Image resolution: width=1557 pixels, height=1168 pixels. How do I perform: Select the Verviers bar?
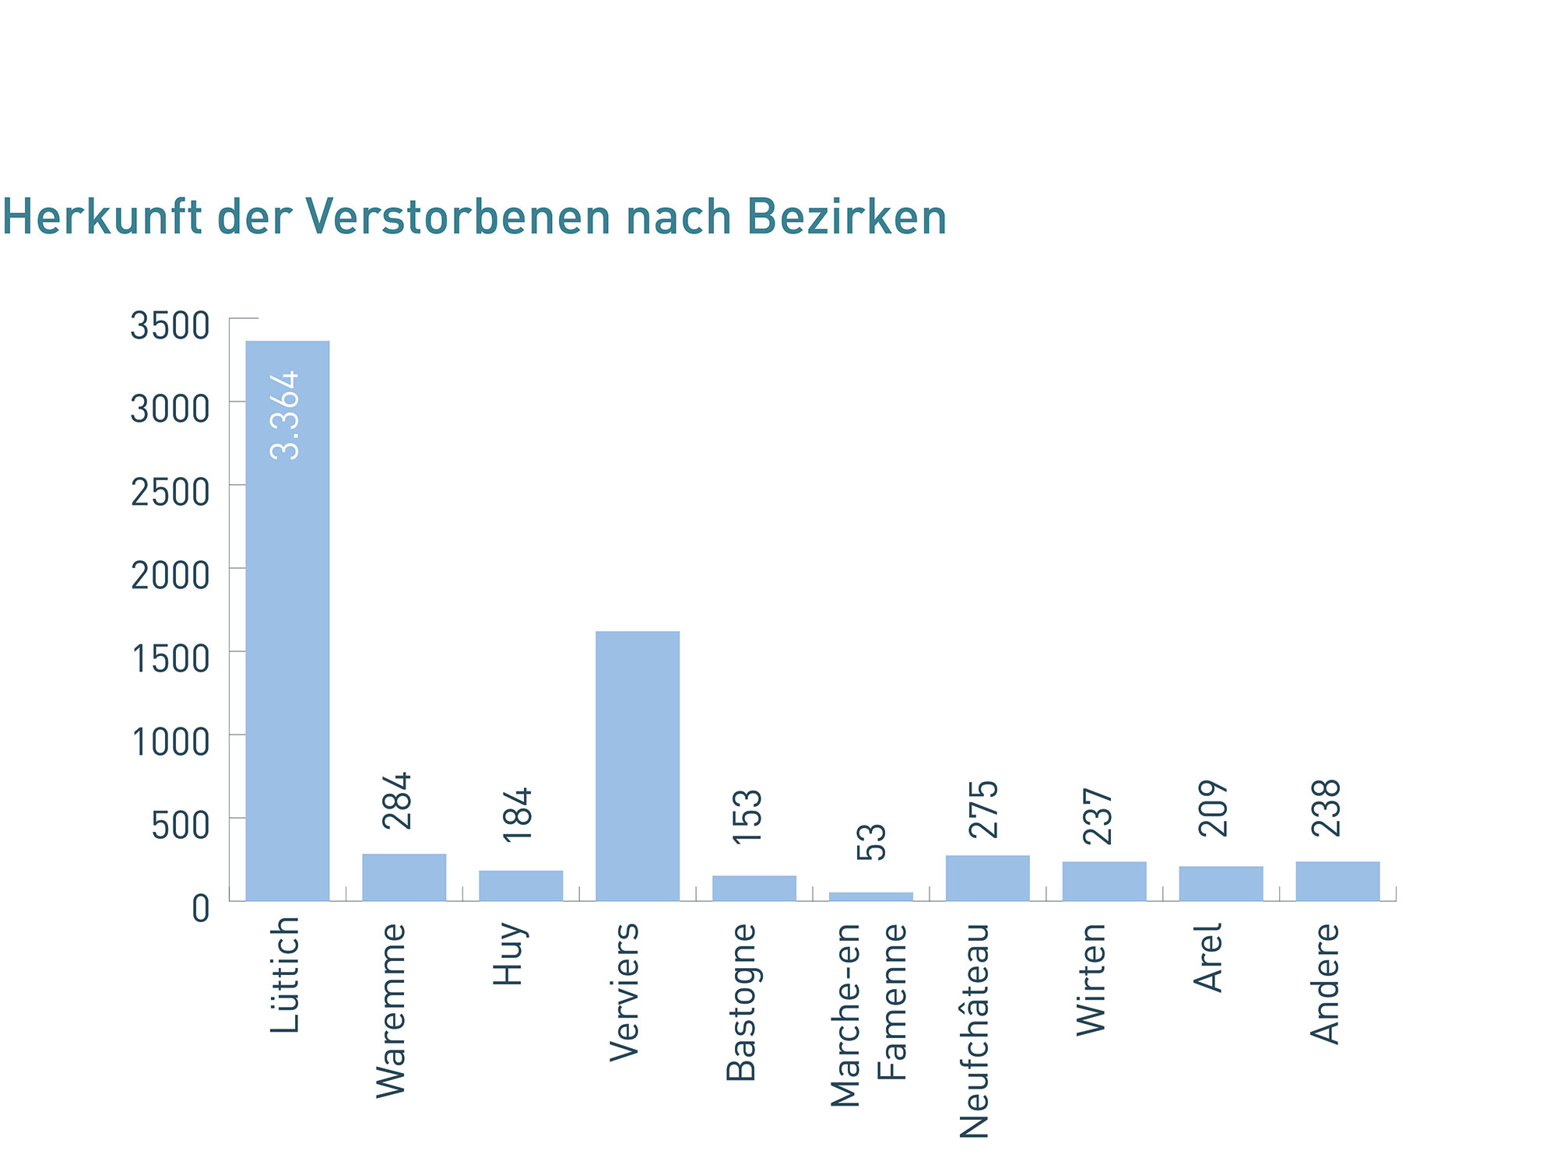pyautogui.click(x=637, y=766)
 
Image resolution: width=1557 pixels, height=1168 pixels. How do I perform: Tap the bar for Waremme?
pyautogui.click(x=404, y=877)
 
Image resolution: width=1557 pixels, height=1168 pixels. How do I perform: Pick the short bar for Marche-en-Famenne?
pyautogui.click(x=870, y=896)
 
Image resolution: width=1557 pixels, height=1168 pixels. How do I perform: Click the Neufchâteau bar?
pyautogui.click(x=987, y=878)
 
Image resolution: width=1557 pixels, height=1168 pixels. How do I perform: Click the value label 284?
pyautogui.click(x=396, y=800)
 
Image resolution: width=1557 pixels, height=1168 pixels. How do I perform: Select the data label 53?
pyautogui.click(x=871, y=841)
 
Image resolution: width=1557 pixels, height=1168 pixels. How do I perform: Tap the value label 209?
pyautogui.click(x=1213, y=808)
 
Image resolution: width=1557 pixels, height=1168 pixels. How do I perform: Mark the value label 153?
pyautogui.click(x=747, y=815)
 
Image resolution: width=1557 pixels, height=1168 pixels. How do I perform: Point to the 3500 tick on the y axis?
pyautogui.click(x=170, y=325)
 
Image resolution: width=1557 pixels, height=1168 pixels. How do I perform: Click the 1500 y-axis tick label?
pyautogui.click(x=170, y=658)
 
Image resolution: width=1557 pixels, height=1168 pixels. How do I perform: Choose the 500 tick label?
pyautogui.click(x=181, y=825)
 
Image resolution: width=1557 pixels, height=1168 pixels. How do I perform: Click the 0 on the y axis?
pyautogui.click(x=201, y=908)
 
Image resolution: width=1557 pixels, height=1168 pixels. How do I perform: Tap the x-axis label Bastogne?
pyautogui.click(x=741, y=1002)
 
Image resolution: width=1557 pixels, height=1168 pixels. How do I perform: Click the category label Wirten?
pyautogui.click(x=1091, y=979)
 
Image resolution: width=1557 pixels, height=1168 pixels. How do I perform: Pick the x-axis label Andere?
pyautogui.click(x=1325, y=983)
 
